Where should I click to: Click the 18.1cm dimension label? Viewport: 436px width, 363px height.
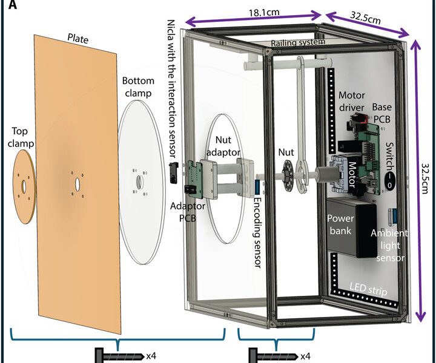click(264, 13)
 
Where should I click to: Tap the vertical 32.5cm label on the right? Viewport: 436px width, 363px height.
click(426, 178)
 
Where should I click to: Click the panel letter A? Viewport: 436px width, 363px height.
click(13, 5)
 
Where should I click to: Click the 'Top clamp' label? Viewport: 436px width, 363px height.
click(21, 137)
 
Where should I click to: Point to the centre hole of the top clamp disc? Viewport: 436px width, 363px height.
click(24, 186)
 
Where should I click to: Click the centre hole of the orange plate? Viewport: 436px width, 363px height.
click(77, 183)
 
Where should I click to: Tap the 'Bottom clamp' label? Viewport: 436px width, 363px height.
click(138, 87)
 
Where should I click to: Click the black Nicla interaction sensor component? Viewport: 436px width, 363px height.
click(174, 173)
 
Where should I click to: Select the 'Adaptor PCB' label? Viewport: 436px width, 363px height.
click(187, 212)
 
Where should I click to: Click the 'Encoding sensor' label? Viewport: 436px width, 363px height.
click(258, 233)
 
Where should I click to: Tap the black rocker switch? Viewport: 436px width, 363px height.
click(390, 181)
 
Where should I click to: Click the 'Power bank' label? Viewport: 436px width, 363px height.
click(340, 224)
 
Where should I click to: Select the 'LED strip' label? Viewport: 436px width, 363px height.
click(368, 289)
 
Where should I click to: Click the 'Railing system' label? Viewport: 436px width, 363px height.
click(298, 42)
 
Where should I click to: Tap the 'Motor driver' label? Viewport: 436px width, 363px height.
click(351, 101)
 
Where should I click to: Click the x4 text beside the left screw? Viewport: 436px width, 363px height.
click(151, 356)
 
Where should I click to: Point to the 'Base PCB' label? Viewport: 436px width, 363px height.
click(381, 113)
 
